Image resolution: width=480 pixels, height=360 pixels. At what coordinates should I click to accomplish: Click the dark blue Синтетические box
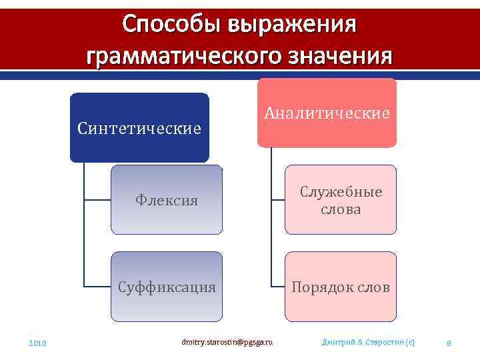(139, 127)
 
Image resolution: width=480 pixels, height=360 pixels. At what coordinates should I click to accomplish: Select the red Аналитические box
(327, 113)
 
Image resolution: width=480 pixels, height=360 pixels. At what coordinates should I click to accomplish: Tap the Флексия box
(166, 199)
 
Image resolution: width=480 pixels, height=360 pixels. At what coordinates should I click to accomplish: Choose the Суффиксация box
(166, 287)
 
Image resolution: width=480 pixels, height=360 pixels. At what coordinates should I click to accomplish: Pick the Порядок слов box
(340, 287)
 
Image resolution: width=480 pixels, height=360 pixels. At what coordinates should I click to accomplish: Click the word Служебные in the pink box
(340, 192)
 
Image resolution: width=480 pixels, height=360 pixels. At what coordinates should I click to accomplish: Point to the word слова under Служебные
(340, 209)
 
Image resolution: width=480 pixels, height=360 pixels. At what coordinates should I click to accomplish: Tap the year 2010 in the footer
(37, 343)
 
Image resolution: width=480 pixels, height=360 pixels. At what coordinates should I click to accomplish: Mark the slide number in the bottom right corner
(449, 343)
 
